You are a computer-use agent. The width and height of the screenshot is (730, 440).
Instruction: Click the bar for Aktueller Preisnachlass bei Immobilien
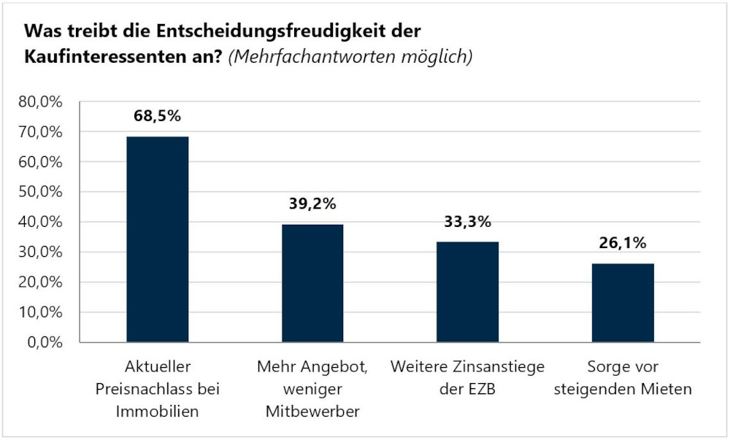[x=157, y=239]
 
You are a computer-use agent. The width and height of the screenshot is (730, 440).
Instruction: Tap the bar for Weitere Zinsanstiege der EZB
[x=467, y=292]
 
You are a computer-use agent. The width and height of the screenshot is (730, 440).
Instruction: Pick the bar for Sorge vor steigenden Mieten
[x=623, y=303]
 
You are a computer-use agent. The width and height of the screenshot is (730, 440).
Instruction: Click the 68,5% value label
[x=157, y=115]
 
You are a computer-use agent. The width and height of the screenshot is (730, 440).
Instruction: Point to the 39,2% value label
[x=312, y=204]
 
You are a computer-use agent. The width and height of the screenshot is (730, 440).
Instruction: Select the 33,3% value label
[x=467, y=221]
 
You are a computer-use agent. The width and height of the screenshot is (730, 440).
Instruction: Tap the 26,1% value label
[x=623, y=243]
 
